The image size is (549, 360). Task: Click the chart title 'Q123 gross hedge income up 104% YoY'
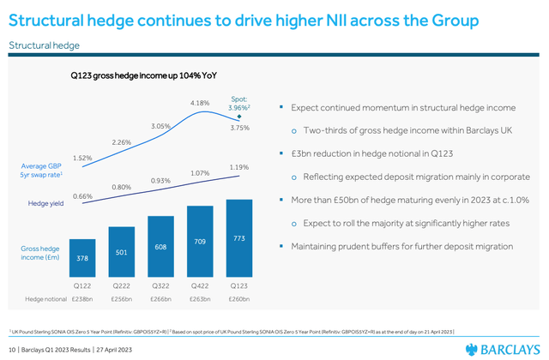click(x=142, y=75)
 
